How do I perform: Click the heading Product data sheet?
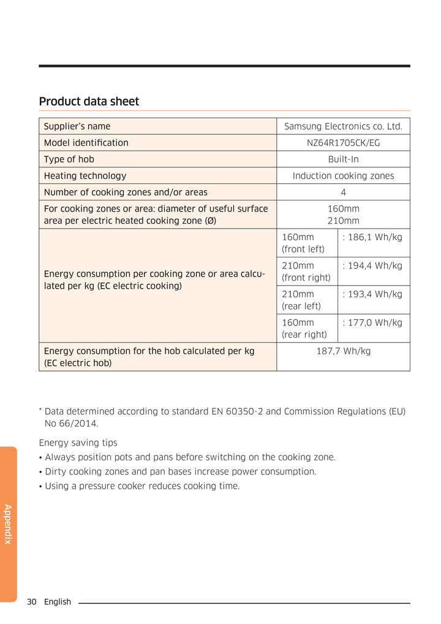pyautogui.click(x=89, y=101)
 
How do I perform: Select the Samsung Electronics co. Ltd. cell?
pyautogui.click(x=343, y=126)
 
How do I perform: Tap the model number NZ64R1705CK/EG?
pyautogui.click(x=343, y=143)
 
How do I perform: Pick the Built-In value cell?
pyautogui.click(x=343, y=159)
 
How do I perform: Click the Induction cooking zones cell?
pyautogui.click(x=343, y=176)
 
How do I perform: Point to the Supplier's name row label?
pyautogui.click(x=77, y=126)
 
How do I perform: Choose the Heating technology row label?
pyautogui.click(x=85, y=176)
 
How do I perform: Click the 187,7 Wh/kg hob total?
pyautogui.click(x=343, y=351)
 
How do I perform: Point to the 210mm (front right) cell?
pyautogui.click(x=306, y=272)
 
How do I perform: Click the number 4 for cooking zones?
pyautogui.click(x=343, y=192)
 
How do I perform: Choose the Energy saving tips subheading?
pyautogui.click(x=78, y=443)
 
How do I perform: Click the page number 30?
pyautogui.click(x=32, y=602)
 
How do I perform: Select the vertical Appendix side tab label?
pyautogui.click(x=8, y=524)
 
